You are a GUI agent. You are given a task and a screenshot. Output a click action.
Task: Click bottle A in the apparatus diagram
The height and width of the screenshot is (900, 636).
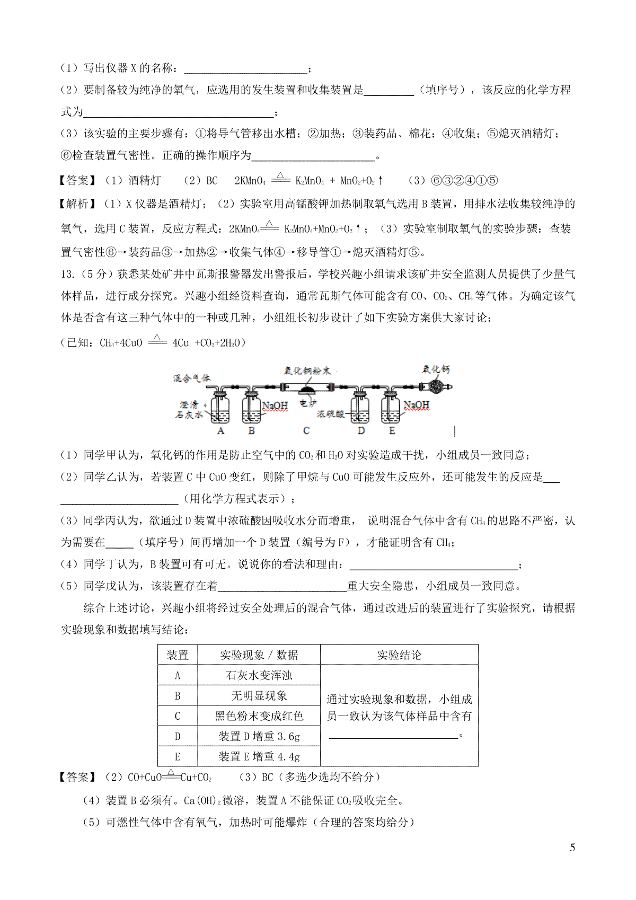pyautogui.click(x=220, y=409)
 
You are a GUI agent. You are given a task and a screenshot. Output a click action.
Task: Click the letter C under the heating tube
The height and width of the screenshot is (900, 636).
pyautogui.click(x=306, y=431)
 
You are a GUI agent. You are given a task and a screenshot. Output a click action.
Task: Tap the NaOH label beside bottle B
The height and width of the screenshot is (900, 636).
pyautogui.click(x=275, y=406)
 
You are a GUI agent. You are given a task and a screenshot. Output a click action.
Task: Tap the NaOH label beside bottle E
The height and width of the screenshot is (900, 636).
pyautogui.click(x=416, y=405)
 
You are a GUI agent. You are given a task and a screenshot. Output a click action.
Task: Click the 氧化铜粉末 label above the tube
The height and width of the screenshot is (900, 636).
pyautogui.click(x=307, y=370)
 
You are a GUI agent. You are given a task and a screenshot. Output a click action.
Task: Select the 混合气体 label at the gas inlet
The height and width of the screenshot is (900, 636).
pyautogui.click(x=191, y=378)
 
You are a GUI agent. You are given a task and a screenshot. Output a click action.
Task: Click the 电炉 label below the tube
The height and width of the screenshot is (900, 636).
pyautogui.click(x=307, y=403)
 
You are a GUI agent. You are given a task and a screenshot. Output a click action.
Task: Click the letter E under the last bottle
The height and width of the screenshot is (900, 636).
pyautogui.click(x=392, y=431)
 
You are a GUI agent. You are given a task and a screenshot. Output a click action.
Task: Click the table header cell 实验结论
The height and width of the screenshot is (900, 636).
pyautogui.click(x=399, y=655)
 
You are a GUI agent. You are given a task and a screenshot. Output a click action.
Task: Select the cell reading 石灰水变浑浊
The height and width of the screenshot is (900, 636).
pyautogui.click(x=259, y=675)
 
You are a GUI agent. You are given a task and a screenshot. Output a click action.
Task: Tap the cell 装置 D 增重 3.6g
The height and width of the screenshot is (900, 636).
pyautogui.click(x=259, y=736)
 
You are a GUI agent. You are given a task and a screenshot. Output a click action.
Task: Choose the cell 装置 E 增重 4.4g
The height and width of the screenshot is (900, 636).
pyautogui.click(x=259, y=756)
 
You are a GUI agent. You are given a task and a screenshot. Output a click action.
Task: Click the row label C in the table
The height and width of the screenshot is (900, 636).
pyautogui.click(x=178, y=716)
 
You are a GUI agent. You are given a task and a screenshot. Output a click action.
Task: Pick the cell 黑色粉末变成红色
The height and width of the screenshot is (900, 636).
pyautogui.click(x=259, y=716)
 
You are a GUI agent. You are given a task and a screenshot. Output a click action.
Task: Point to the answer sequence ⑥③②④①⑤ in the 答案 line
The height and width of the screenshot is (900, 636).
pyautogui.click(x=463, y=181)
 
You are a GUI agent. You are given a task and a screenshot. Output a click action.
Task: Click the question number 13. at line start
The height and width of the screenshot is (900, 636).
pyautogui.click(x=68, y=274)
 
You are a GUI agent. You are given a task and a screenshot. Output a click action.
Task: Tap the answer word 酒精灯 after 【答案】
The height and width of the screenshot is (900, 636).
pyautogui.click(x=144, y=181)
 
